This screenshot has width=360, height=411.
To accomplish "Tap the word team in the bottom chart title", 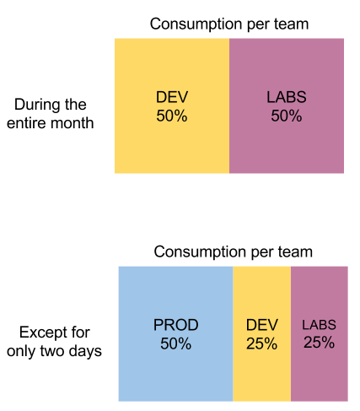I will pyautogui.click(x=295, y=251).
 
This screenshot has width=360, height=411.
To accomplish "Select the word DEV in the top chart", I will pyautogui.click(x=172, y=98).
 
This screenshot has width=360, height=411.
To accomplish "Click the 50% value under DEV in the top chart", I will pyautogui.click(x=172, y=116).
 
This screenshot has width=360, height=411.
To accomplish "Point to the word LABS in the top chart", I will pyautogui.click(x=287, y=98).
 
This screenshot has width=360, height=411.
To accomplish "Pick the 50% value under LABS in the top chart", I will pyautogui.click(x=287, y=116).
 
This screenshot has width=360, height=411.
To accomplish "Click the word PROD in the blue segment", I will pyautogui.click(x=175, y=326).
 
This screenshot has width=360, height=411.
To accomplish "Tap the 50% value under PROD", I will pyautogui.click(x=175, y=343).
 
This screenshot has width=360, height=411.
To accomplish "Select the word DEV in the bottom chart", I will pyautogui.click(x=261, y=326).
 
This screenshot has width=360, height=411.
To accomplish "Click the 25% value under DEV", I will pyautogui.click(x=261, y=343).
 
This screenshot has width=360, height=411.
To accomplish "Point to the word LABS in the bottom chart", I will pyautogui.click(x=319, y=326).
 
